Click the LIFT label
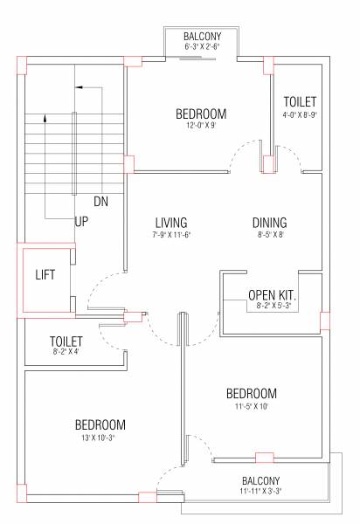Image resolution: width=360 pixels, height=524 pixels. [45, 274]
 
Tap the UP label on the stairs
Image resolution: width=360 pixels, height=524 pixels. [81, 222]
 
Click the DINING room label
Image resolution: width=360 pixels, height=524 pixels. [270, 223]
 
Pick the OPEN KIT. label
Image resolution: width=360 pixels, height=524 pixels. [273, 295]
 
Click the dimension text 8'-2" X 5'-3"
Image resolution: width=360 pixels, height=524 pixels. [273, 308]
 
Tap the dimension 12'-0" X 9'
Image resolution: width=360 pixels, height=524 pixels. [201, 126]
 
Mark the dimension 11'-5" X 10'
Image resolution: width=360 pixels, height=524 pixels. [251, 406]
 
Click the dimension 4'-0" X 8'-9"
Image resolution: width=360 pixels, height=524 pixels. [300, 114]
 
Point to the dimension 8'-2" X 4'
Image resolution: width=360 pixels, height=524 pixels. [66, 353]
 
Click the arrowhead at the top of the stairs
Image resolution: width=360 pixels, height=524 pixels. [79, 87]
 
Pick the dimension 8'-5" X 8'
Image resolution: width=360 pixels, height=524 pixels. [270, 235]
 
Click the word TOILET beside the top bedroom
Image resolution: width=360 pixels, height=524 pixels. [300, 102]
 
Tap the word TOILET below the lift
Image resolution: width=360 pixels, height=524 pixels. [66, 341]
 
